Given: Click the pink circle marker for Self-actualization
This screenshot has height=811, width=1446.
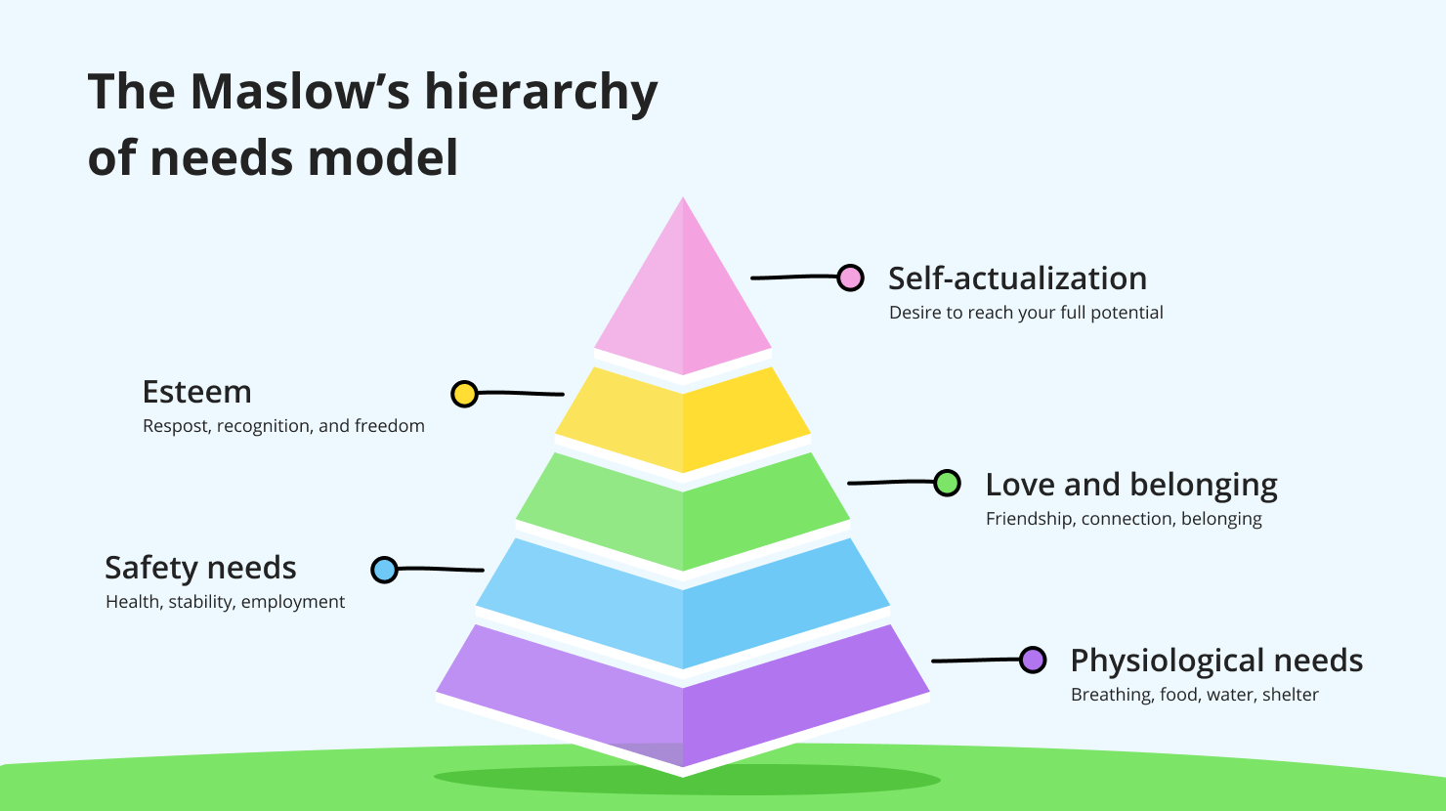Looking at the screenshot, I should tap(851, 277).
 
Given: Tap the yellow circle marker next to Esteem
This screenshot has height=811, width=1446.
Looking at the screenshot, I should tap(464, 394).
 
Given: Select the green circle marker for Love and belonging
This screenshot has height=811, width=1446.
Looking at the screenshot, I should tap(947, 483).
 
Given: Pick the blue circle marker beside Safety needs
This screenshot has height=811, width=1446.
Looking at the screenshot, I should tap(385, 570).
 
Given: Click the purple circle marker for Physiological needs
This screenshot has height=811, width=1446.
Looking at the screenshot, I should tap(1033, 660).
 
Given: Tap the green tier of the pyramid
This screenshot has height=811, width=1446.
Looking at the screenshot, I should tap(683, 508).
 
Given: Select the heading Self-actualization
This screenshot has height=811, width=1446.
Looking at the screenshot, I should tap(1017, 278).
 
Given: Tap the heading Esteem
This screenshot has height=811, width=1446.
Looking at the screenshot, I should tap(196, 392).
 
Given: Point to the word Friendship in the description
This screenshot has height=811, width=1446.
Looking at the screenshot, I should tap(1030, 519).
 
